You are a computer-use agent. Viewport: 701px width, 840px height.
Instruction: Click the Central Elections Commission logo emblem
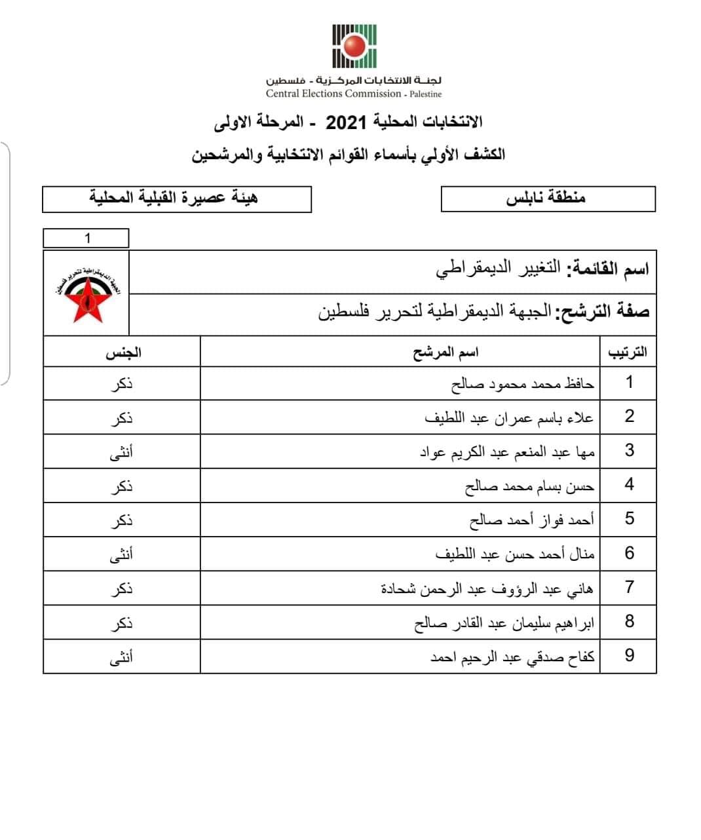click(x=354, y=46)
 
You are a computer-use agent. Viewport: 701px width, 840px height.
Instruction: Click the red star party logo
click(x=86, y=294)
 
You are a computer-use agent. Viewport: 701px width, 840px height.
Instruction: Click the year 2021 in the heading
click(x=341, y=122)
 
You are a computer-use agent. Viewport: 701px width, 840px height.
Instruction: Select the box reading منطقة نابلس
click(x=548, y=199)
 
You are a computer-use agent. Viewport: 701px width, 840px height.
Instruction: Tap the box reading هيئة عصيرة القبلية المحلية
click(x=176, y=199)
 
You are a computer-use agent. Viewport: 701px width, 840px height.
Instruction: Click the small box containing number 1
click(x=86, y=238)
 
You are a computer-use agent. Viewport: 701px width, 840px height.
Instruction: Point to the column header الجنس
click(x=123, y=353)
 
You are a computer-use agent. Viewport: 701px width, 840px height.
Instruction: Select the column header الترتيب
click(x=628, y=353)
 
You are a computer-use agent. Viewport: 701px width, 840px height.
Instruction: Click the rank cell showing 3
click(x=629, y=451)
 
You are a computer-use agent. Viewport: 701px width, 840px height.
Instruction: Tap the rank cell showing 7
click(x=629, y=587)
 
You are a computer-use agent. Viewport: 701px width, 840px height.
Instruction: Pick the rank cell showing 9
click(x=629, y=656)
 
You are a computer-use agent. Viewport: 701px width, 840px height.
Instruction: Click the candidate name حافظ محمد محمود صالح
click(x=523, y=384)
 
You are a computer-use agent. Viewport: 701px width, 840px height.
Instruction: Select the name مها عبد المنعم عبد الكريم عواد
click(x=507, y=452)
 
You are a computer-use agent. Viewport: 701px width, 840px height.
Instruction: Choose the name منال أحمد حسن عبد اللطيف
click(x=515, y=554)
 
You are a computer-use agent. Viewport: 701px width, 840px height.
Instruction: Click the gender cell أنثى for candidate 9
click(x=121, y=657)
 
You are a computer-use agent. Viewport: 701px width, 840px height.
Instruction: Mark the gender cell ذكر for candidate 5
click(x=122, y=520)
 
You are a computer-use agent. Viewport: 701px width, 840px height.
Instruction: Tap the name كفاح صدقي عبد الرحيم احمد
click(x=512, y=657)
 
